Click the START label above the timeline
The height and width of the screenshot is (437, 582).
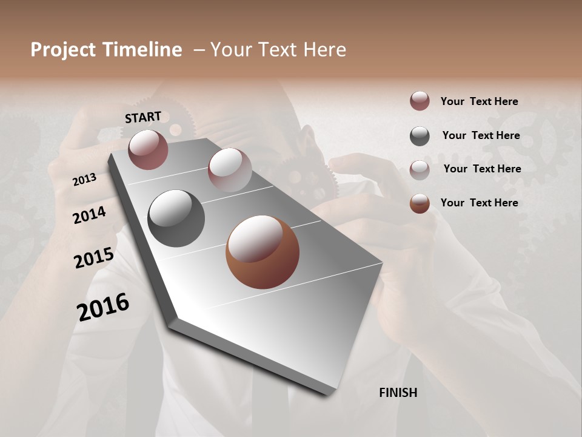pyautogui.click(x=143, y=117)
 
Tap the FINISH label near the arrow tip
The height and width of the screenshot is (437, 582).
pyautogui.click(x=398, y=393)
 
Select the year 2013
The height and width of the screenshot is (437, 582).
pyautogui.click(x=84, y=179)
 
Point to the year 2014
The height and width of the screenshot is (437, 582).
pyautogui.click(x=89, y=215)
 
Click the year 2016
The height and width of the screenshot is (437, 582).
pyautogui.click(x=103, y=307)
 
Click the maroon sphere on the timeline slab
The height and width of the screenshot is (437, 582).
pyautogui.click(x=148, y=149)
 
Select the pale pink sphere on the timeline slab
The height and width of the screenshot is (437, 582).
pyautogui.click(x=229, y=169)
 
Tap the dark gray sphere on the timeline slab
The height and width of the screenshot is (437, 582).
pyautogui.click(x=176, y=218)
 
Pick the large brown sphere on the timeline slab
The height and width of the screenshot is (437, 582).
pyautogui.click(x=263, y=252)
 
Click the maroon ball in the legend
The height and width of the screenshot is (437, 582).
pyautogui.click(x=420, y=101)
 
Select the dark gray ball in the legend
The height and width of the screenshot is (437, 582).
pyautogui.click(x=420, y=136)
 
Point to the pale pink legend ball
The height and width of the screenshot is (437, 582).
pyautogui.click(x=420, y=169)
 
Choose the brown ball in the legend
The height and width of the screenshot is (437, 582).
pyautogui.click(x=420, y=203)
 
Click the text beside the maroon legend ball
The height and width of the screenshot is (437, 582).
pyautogui.click(x=479, y=101)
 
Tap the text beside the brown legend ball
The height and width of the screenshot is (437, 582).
pyautogui.click(x=479, y=203)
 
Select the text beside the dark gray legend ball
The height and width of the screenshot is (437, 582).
pyautogui.click(x=481, y=135)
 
